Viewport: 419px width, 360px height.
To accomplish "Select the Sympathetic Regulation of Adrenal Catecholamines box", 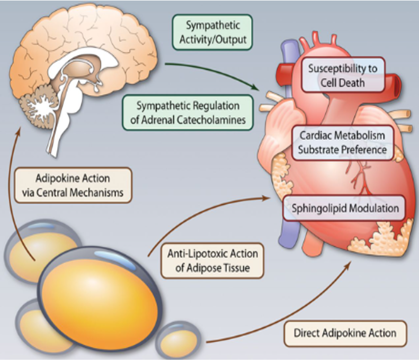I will tap(188, 112).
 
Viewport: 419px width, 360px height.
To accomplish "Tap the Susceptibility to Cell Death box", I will tap(342, 75).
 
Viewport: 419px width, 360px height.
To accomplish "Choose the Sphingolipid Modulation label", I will tap(345, 208).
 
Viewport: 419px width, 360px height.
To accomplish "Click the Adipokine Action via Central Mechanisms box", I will tap(73, 185).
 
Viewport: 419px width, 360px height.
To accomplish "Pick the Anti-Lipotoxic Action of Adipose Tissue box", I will tap(212, 261).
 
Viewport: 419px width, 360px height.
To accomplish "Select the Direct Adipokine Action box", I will tap(345, 333).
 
